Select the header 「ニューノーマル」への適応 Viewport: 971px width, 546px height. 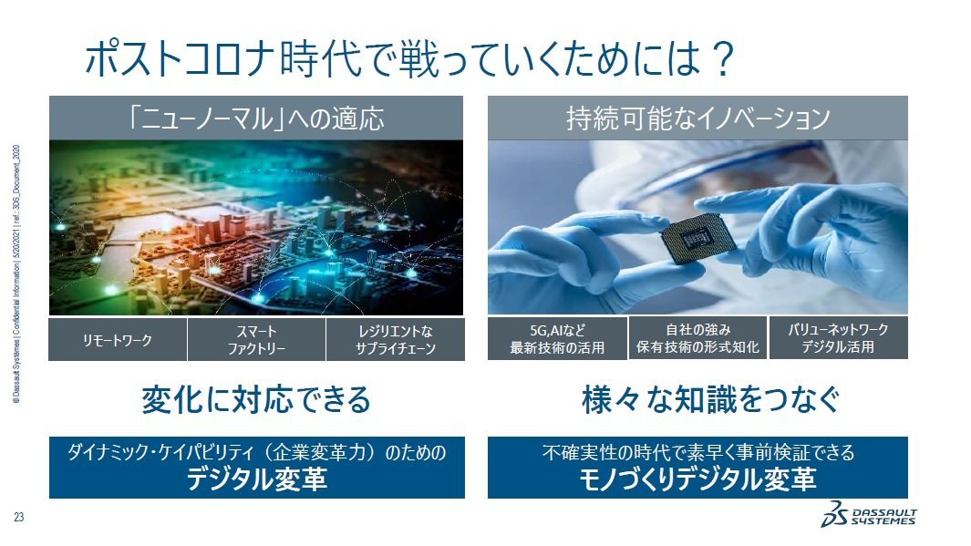tap(256, 118)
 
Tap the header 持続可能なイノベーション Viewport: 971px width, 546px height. tap(697, 118)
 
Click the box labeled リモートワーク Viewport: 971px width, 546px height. tap(118, 340)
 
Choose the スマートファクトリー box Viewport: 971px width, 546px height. tap(256, 340)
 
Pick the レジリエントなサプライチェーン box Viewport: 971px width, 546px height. tap(395, 340)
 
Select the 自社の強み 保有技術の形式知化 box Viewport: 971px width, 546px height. tap(697, 338)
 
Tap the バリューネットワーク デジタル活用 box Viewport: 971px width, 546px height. tap(838, 338)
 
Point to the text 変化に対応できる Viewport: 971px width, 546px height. tap(256, 399)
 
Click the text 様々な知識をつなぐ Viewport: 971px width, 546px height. tap(697, 399)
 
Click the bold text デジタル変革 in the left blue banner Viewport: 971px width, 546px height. tap(256, 479)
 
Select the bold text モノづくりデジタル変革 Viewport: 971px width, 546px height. tap(697, 479)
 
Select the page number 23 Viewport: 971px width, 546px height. tap(18, 519)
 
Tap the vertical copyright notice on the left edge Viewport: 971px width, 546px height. tap(18, 273)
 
